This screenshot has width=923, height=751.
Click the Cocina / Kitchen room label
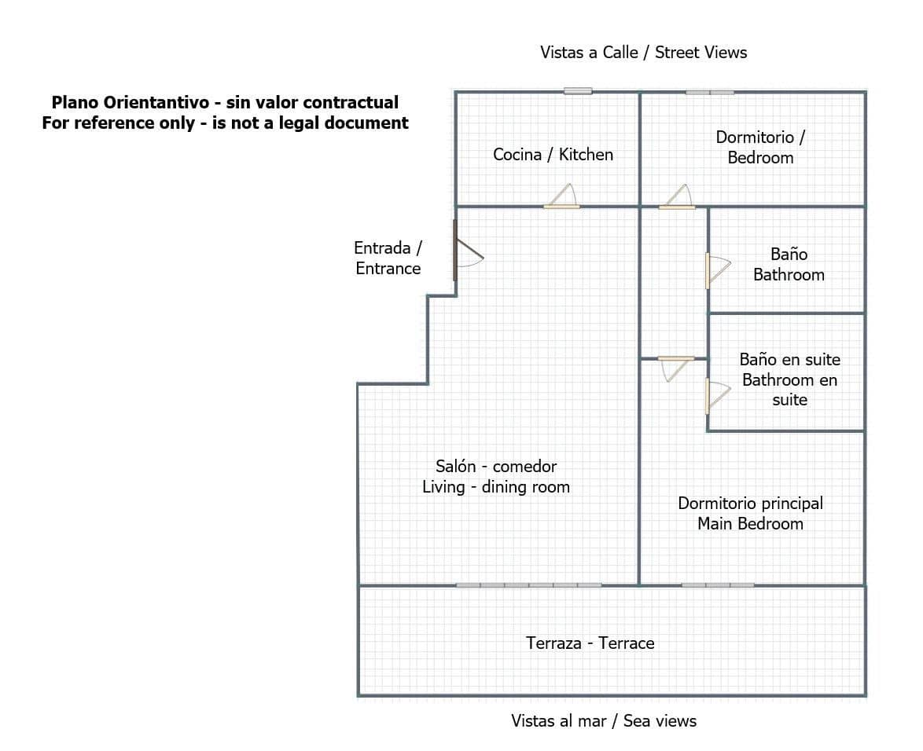click(553, 155)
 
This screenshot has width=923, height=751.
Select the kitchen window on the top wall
click(578, 91)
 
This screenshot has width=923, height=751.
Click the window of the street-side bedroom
click(710, 92)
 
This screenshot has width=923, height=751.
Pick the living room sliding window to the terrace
click(529, 585)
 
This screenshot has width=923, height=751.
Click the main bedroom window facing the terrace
click(718, 585)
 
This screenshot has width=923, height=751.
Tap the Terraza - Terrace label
click(590, 643)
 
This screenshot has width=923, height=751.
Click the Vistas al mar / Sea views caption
click(603, 721)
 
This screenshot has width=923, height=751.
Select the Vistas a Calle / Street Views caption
click(643, 53)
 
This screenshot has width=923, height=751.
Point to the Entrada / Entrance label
click(388, 258)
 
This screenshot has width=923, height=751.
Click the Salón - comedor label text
click(496, 467)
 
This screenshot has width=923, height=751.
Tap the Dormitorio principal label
click(750, 504)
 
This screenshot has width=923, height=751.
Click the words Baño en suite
click(789, 360)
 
